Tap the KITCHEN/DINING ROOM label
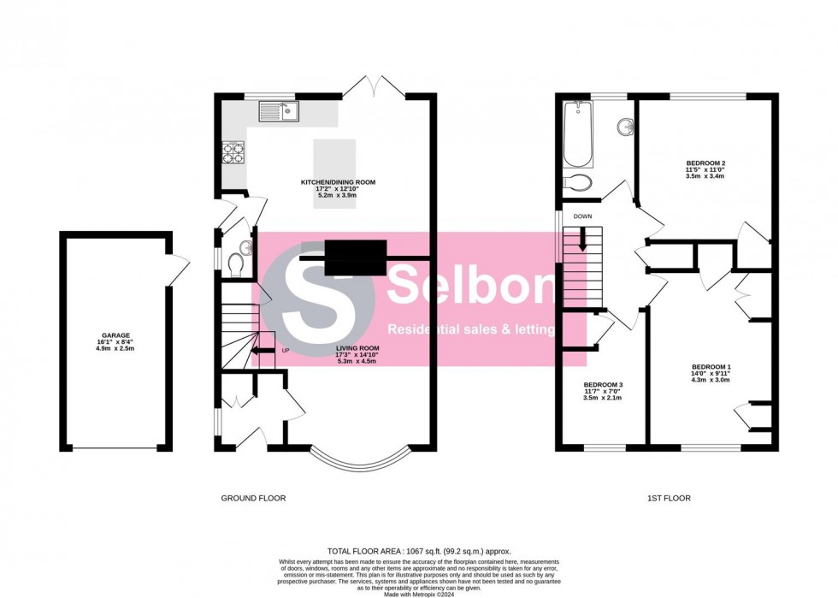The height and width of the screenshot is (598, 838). (337, 182)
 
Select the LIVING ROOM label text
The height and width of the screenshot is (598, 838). (357, 347)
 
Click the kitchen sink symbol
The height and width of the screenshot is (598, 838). (279, 110)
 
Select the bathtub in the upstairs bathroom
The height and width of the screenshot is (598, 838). (578, 133)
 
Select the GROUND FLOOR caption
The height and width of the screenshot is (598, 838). (253, 498)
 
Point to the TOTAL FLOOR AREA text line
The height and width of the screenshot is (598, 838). (419, 551)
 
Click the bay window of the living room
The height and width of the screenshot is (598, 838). (360, 460)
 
